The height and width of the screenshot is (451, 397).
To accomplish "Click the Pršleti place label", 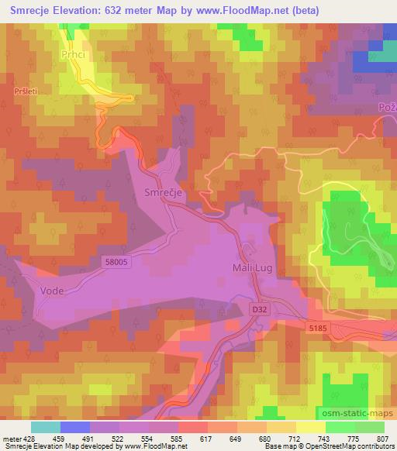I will coord(27,91).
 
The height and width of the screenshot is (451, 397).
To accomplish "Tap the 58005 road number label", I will coord(116,263).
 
